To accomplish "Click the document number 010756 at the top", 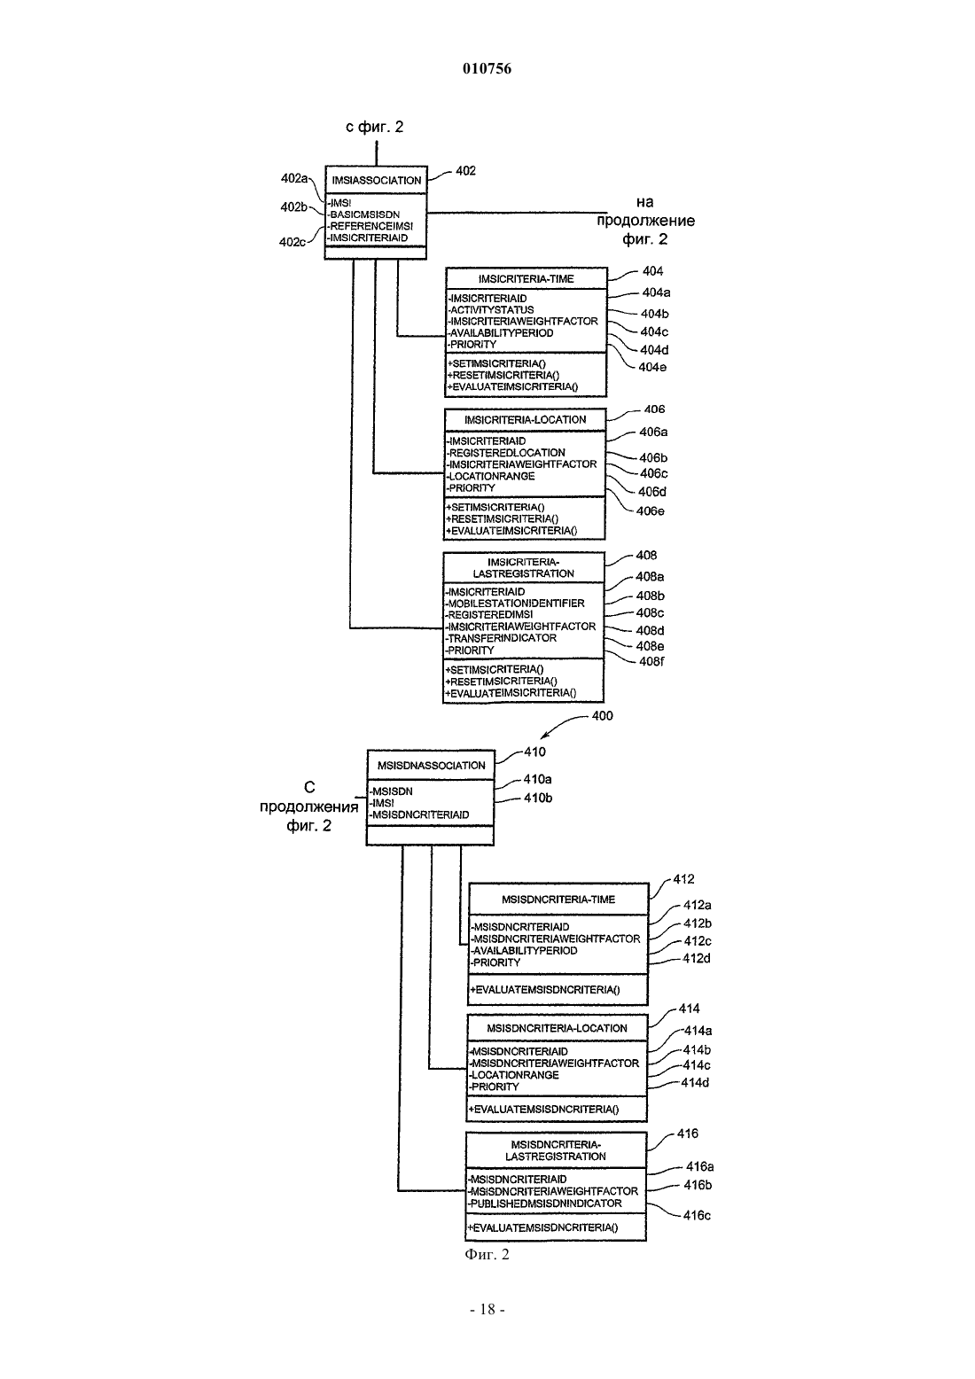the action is (x=487, y=68).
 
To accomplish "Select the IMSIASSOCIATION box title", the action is (x=377, y=181).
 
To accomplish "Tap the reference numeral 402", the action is (x=465, y=170).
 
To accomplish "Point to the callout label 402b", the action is (x=293, y=206).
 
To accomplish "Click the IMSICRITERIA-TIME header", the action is (x=526, y=279).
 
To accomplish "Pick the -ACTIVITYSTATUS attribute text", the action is (x=490, y=309).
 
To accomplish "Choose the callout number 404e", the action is (x=652, y=367).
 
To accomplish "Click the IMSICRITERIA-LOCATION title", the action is (x=525, y=420).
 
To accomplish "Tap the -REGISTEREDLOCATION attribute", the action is (x=505, y=453).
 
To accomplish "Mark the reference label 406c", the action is (x=654, y=473).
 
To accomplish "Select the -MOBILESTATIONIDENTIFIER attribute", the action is (x=515, y=604).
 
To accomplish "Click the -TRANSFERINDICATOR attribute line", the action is (x=501, y=638).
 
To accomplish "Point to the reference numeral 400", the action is (x=602, y=715).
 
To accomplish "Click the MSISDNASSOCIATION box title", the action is (x=432, y=765).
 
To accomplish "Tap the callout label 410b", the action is (x=538, y=798).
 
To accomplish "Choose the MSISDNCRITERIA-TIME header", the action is (x=558, y=900).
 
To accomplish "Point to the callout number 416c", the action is (x=697, y=1215).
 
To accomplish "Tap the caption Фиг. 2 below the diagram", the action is (x=487, y=1255).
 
